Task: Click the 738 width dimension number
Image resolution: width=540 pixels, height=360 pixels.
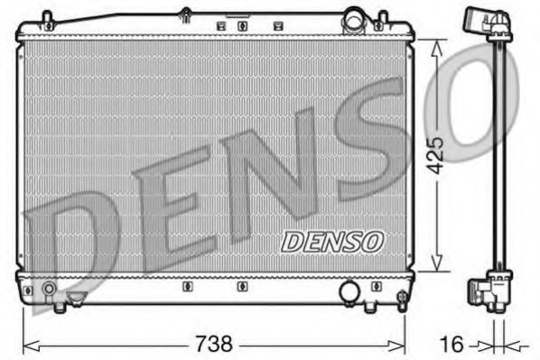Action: pyautogui.click(x=215, y=344)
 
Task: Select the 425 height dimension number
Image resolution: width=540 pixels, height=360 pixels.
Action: pyautogui.click(x=436, y=156)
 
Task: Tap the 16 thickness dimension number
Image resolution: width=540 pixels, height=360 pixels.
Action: pyautogui.click(x=455, y=344)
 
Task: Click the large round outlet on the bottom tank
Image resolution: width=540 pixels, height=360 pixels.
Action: pyautogui.click(x=349, y=291)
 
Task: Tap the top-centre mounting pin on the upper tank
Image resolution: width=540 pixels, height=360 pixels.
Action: pyautogui.click(x=185, y=14)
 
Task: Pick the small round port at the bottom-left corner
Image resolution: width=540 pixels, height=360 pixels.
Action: pyautogui.click(x=48, y=291)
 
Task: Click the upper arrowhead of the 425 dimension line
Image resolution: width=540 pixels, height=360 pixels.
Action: pyautogui.click(x=436, y=45)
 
